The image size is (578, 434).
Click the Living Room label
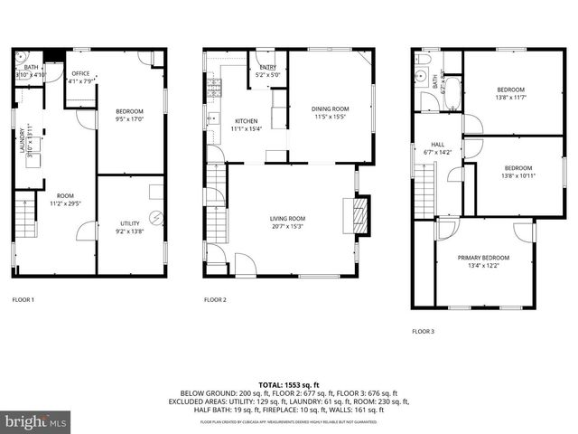[287, 218]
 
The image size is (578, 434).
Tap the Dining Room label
[331, 108]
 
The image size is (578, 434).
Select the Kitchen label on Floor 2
[247, 121]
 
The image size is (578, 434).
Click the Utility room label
[130, 223]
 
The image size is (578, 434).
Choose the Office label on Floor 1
[81, 73]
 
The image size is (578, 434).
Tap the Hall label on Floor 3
[437, 144]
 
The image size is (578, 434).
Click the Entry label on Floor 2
[268, 67]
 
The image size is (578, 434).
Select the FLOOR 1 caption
[23, 299]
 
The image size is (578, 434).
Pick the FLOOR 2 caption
[214, 299]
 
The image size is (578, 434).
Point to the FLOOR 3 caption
[423, 332]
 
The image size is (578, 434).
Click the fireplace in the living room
[360, 216]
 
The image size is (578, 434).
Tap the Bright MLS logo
[35, 421]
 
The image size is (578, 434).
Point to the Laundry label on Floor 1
[23, 141]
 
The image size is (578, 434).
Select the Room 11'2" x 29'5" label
[65, 200]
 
